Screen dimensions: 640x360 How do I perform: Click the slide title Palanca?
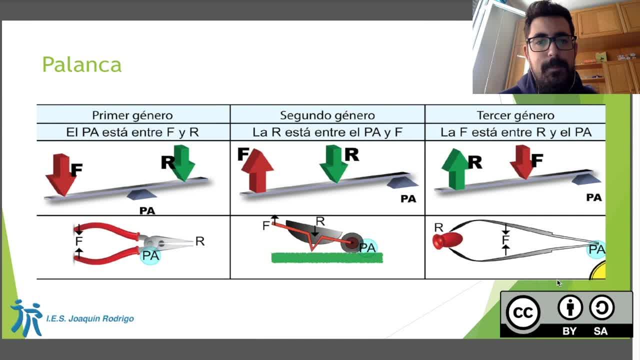pyautogui.click(x=82, y=65)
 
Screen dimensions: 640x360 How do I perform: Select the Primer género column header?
pyautogui.click(x=132, y=115)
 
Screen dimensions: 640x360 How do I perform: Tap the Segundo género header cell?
pyautogui.click(x=327, y=115)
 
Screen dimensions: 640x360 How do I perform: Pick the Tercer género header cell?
pyautogui.click(x=515, y=115)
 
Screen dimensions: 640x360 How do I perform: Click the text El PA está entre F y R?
pyautogui.click(x=132, y=132)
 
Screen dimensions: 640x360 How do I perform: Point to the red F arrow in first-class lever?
pyautogui.click(x=61, y=175)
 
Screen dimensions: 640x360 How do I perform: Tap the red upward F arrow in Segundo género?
pyautogui.click(x=257, y=170)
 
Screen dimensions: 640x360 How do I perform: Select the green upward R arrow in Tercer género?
pyautogui.click(x=455, y=169)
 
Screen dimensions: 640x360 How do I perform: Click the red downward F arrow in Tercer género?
pyautogui.click(x=522, y=162)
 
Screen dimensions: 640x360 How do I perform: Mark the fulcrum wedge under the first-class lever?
pyautogui.click(x=141, y=194)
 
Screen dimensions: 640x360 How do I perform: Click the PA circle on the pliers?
pyautogui.click(x=150, y=255)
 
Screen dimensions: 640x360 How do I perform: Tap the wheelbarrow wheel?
pyautogui.click(x=352, y=243)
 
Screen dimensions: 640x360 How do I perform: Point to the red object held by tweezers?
pyautogui.click(x=447, y=240)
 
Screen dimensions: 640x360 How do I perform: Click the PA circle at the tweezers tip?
pyautogui.click(x=596, y=249)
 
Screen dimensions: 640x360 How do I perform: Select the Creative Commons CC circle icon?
pyautogui.click(x=523, y=312)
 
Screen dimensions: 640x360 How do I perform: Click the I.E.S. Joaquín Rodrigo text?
pyautogui.click(x=90, y=318)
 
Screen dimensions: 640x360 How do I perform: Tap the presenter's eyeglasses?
pyautogui.click(x=551, y=43)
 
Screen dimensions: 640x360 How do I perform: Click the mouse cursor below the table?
pyautogui.click(x=559, y=283)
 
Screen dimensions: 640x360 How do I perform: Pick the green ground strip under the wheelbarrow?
pyautogui.click(x=327, y=257)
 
